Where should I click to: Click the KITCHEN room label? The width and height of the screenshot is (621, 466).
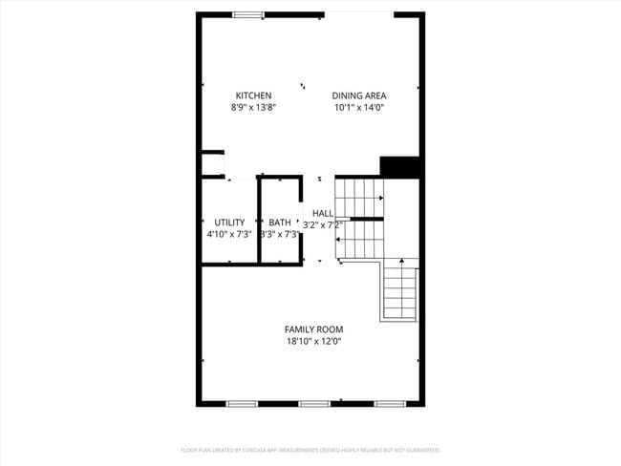point(253,95)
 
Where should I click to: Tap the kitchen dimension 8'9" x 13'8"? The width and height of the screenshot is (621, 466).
point(253,108)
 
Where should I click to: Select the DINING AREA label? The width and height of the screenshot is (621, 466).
point(359,95)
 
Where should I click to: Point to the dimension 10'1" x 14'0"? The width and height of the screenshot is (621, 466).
point(359,108)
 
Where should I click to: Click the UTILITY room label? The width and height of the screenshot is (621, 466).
point(229,222)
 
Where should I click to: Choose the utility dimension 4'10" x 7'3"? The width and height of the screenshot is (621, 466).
point(229,234)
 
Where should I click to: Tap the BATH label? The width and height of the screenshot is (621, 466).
point(280,222)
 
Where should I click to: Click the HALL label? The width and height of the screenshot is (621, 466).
point(323,213)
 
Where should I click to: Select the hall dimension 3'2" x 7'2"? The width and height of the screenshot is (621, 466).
point(322,225)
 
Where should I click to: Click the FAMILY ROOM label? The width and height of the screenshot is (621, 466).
point(313,329)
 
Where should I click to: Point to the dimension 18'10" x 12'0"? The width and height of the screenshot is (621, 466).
point(313,341)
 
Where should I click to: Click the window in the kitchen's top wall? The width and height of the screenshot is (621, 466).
point(249,14)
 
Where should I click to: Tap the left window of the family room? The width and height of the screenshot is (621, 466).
point(242,404)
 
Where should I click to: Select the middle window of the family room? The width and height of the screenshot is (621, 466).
point(314,404)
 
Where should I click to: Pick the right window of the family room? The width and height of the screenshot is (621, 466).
point(390,404)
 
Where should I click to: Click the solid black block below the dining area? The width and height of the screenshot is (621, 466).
point(400,166)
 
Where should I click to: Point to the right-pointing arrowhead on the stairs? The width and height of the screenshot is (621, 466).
point(380,199)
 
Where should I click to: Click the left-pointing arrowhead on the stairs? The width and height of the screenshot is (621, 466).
point(338,240)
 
